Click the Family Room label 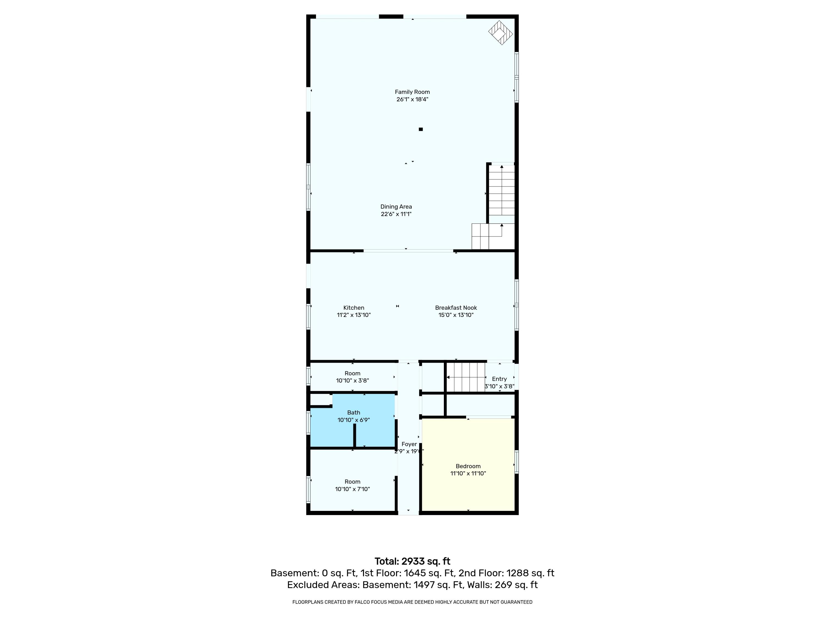(x=412, y=92)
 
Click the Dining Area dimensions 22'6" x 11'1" (x=396, y=214)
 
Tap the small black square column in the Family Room (x=421, y=130)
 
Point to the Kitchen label (x=354, y=308)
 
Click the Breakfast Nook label (x=456, y=308)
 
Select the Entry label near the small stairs (x=499, y=379)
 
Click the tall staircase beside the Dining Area (x=502, y=194)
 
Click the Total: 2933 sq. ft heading (x=412, y=561)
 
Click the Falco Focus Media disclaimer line (x=412, y=602)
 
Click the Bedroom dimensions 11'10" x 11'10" (x=468, y=473)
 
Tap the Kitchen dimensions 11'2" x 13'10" (x=354, y=315)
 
